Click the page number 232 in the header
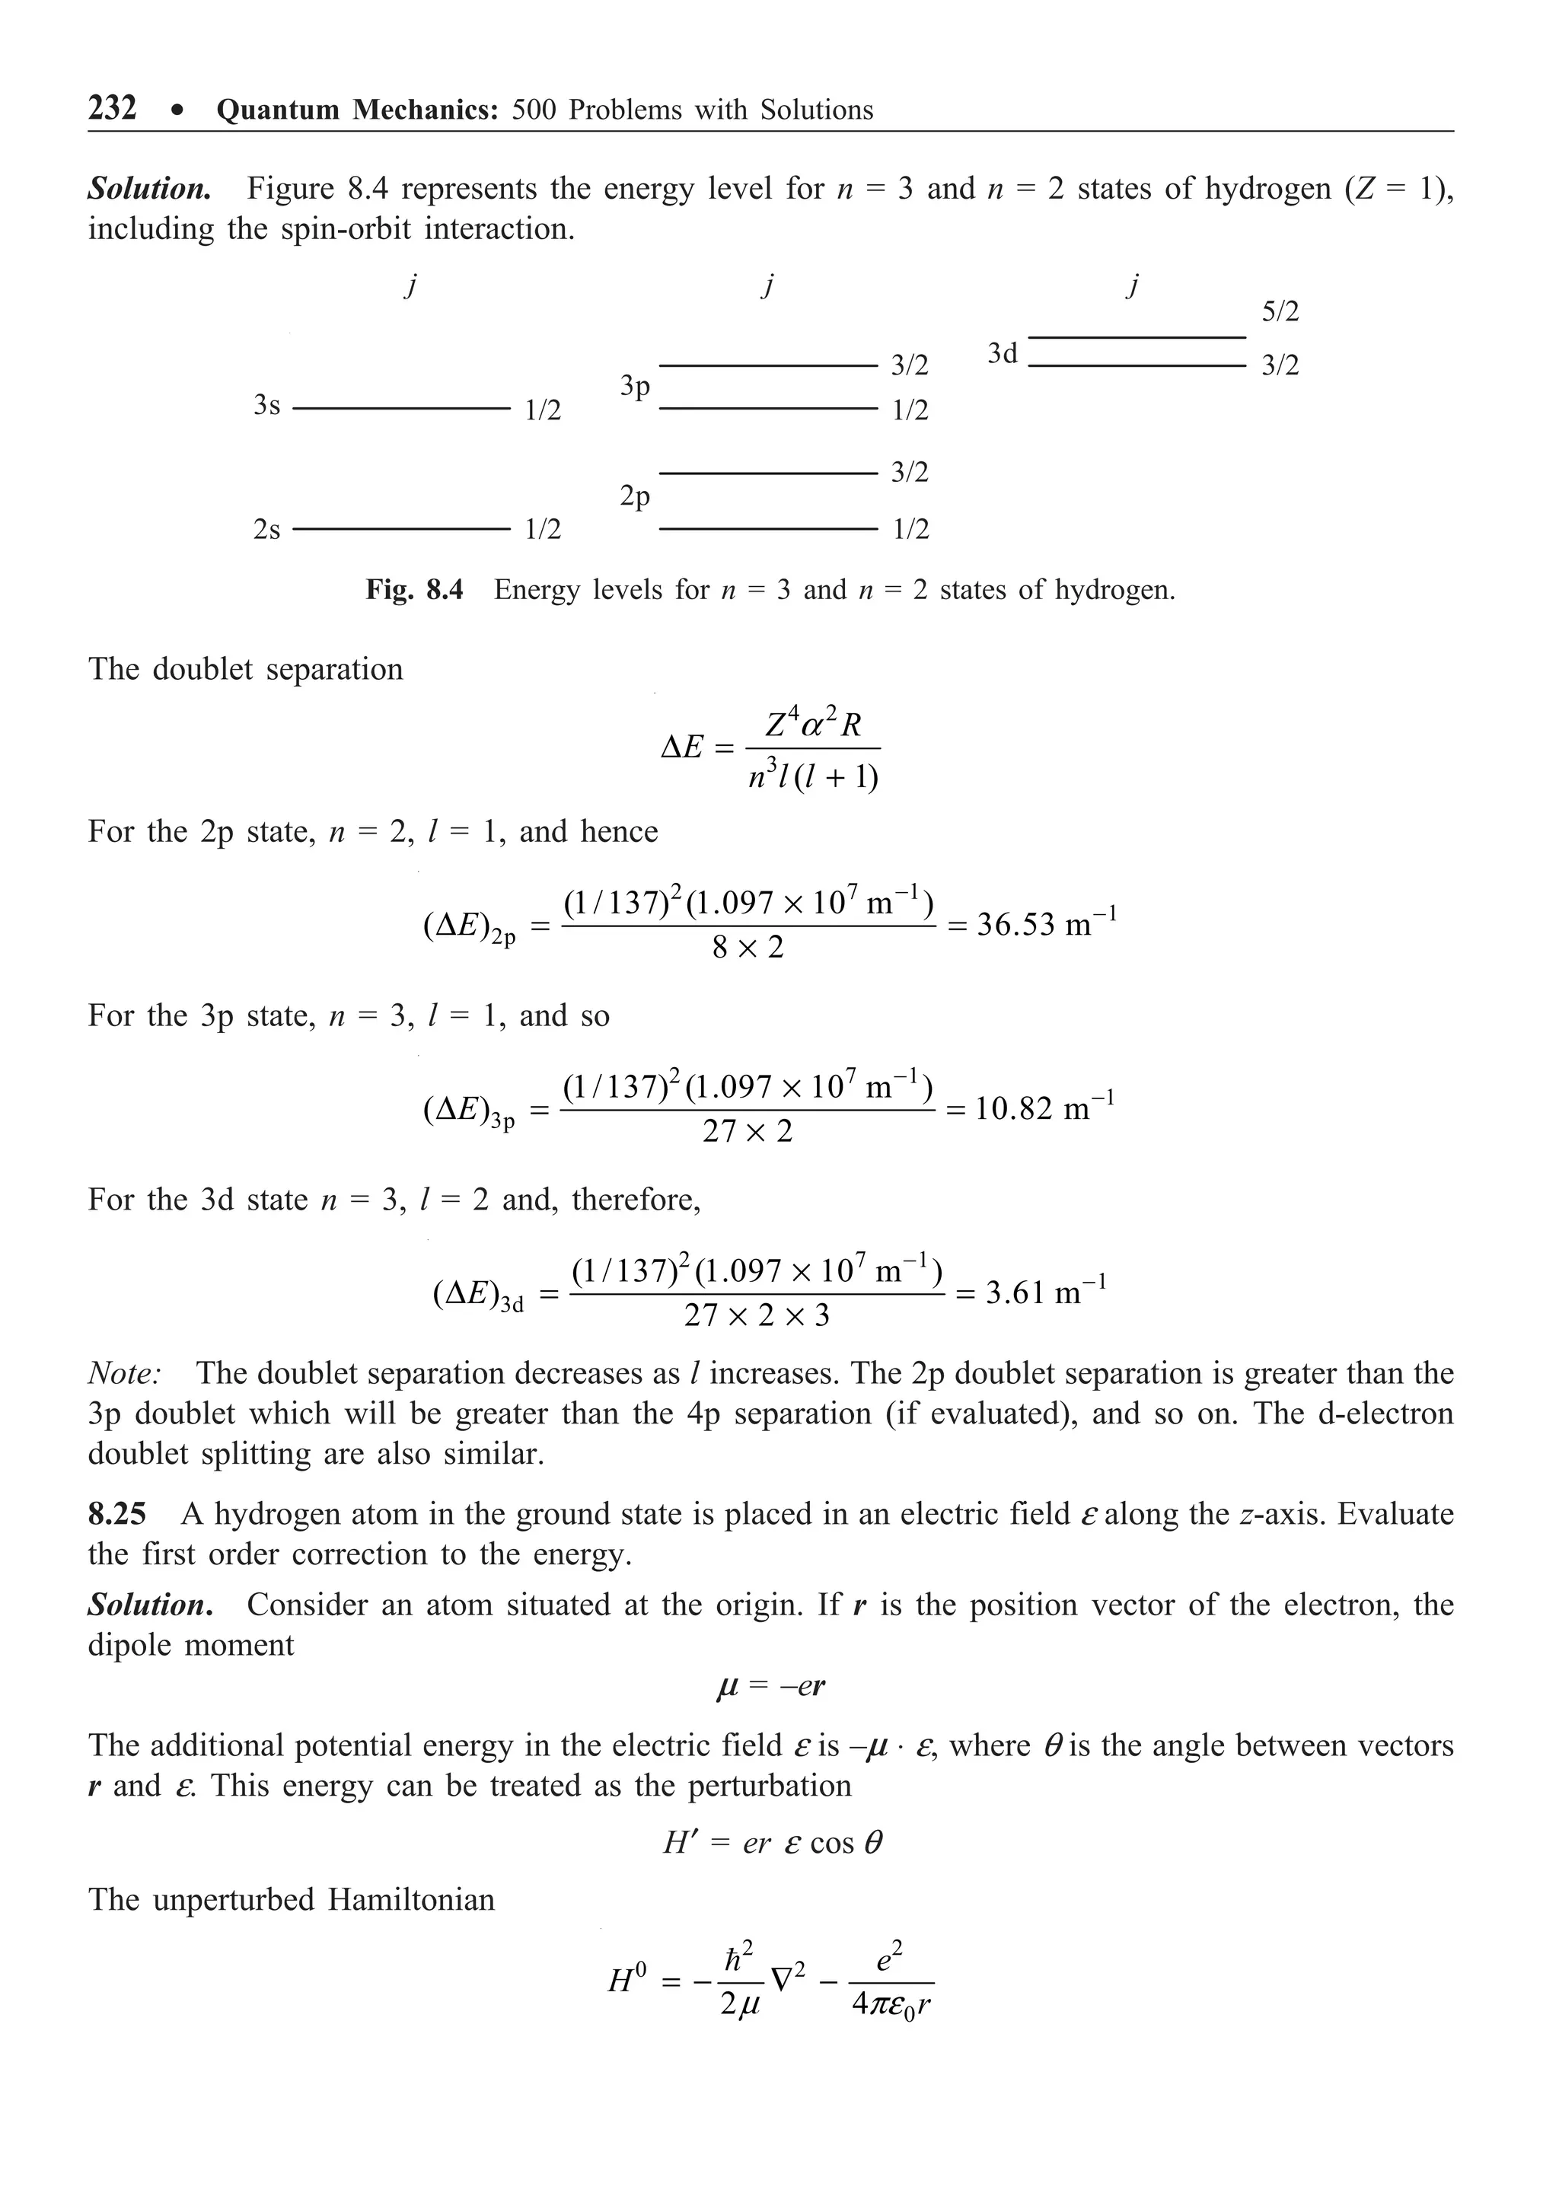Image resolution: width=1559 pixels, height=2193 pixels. [113, 107]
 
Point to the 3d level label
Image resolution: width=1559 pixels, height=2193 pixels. [1003, 354]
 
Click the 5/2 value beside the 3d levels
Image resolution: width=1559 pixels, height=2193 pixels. [1280, 312]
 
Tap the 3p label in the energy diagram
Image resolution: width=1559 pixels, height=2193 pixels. [635, 387]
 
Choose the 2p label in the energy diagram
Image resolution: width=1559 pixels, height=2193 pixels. [635, 497]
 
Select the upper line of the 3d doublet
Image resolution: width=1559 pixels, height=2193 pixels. [1137, 338]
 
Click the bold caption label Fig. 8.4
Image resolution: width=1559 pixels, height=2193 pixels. [414, 589]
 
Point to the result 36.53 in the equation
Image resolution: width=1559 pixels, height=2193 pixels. [1019, 925]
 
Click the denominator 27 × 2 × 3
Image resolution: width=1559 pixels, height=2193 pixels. [757, 1315]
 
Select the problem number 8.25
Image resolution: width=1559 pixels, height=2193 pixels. [117, 1515]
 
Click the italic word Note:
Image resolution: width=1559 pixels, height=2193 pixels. [125, 1373]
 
